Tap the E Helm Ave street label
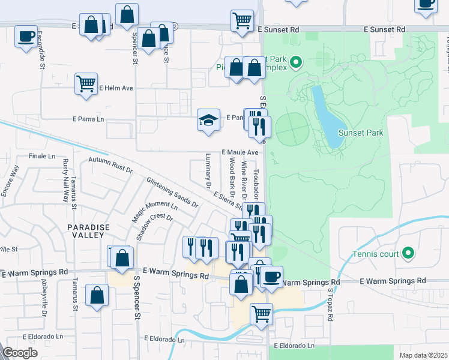click(116, 88)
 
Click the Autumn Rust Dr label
click(110, 165)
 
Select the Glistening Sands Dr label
click(172, 192)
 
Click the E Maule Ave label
click(240, 152)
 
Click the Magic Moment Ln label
click(155, 212)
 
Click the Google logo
click(20, 353)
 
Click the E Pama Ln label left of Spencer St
click(88, 119)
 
